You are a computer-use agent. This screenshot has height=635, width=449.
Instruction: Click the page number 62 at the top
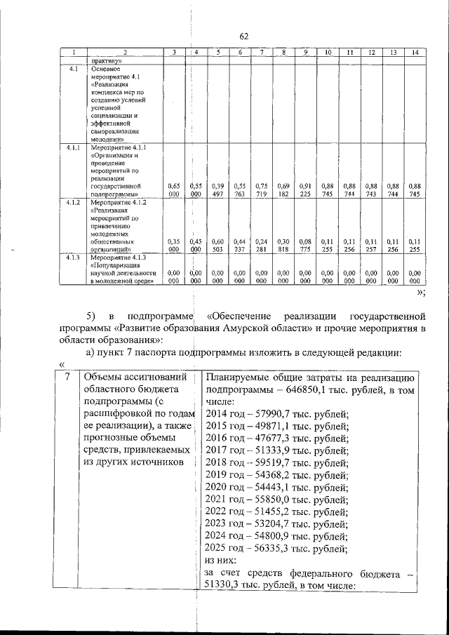[244, 36]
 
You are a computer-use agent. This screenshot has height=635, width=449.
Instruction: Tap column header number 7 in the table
[261, 53]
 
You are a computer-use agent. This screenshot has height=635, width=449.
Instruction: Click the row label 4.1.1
[72, 148]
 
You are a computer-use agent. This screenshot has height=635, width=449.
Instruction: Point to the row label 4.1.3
[72, 258]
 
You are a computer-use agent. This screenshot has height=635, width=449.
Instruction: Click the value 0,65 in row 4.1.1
[175, 186]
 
